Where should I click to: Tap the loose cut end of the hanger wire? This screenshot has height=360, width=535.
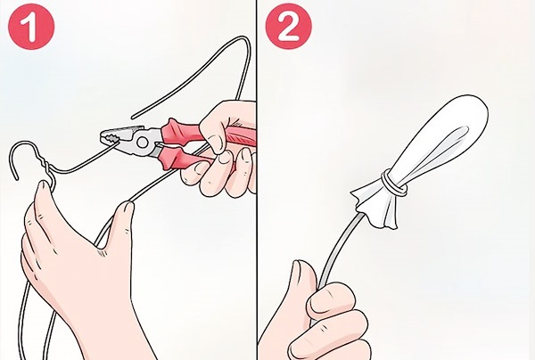point(135,115)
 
